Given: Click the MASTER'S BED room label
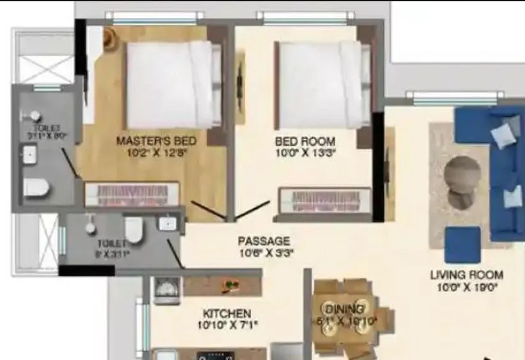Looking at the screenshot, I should [156, 140].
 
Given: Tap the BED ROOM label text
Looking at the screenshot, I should [305, 140].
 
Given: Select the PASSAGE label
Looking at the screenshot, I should [264, 241].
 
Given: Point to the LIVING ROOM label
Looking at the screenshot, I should [466, 275].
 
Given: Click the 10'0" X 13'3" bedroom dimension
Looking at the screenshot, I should [305, 153].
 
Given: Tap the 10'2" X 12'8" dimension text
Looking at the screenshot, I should [156, 153].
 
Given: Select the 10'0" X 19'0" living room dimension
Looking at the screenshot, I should [466, 287].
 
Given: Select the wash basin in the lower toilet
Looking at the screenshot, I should [167, 223].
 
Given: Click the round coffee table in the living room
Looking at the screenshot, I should [462, 174].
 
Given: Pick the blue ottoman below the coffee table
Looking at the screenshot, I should [462, 244].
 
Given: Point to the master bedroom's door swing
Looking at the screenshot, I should [208, 210].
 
